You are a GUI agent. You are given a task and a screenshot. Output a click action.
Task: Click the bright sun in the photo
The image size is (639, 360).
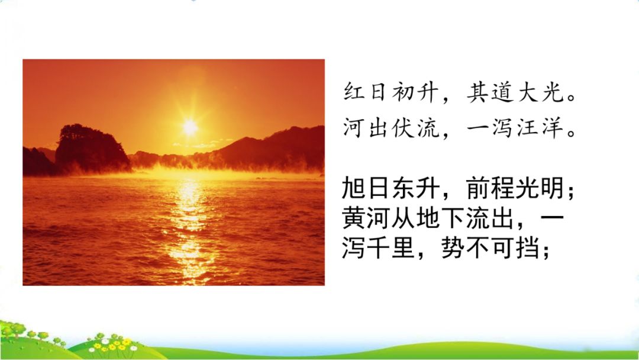pos(190,127)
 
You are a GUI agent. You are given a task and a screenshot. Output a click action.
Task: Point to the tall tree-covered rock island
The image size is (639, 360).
pos(92,148)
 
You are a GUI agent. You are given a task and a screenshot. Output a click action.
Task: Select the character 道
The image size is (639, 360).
pos(502,91)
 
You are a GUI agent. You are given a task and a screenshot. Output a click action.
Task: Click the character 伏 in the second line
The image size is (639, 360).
pos(404,127)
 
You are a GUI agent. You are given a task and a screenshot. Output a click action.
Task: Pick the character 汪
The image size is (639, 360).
pos(528,127)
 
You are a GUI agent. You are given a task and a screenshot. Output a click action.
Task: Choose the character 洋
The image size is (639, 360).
pos(553,127)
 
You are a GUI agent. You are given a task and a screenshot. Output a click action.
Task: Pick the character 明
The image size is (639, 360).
pos(553,188)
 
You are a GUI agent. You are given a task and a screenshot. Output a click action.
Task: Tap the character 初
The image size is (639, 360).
pos(404,91)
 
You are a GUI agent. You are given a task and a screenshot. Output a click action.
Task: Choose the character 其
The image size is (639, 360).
pos(477,91)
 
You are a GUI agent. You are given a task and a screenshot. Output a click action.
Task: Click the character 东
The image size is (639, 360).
pos(404,188)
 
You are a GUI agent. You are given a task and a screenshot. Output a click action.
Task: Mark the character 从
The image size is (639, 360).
pos(404,217)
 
